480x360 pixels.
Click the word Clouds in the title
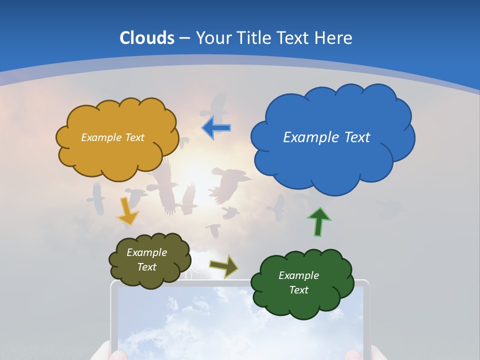pos(147,37)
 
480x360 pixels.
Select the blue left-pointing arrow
pos(216,128)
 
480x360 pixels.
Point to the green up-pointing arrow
pos(318,221)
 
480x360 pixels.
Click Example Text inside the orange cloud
pos(112,137)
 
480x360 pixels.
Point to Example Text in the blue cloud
pos(326,137)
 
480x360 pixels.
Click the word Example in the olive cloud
pos(146,252)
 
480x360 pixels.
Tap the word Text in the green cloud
pos(298,290)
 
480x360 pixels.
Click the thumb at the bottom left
pos(113,354)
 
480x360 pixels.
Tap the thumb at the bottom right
pos(353,354)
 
